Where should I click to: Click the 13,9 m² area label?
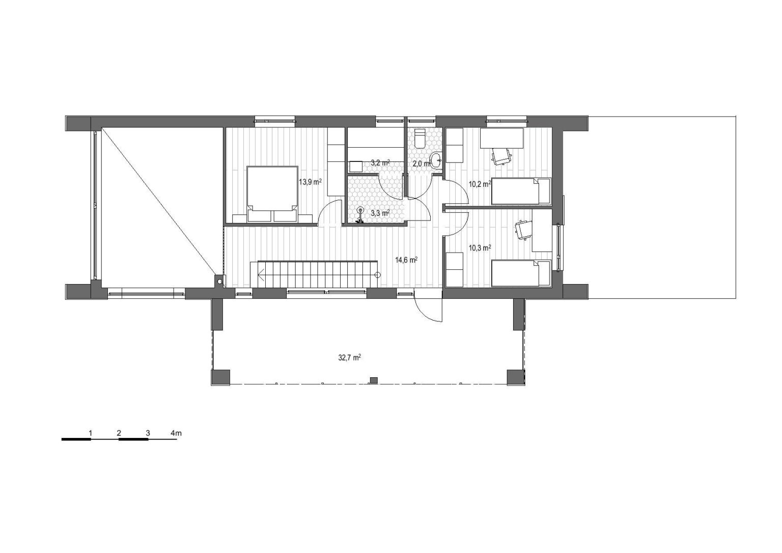click(311, 182)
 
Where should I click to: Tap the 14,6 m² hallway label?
click(406, 260)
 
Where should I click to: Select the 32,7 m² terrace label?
click(349, 357)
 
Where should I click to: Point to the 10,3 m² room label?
click(480, 248)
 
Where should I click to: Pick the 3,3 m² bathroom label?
click(380, 213)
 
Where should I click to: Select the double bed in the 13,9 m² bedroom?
click(272, 194)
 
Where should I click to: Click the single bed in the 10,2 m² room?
click(521, 191)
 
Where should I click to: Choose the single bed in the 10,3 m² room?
click(521, 273)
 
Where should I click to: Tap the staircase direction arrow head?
click(261, 276)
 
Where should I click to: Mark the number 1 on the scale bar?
click(91, 433)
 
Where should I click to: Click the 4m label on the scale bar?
click(176, 433)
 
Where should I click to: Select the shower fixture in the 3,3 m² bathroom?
click(359, 215)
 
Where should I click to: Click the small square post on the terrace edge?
click(374, 380)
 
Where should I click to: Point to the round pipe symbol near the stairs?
click(219, 282)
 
